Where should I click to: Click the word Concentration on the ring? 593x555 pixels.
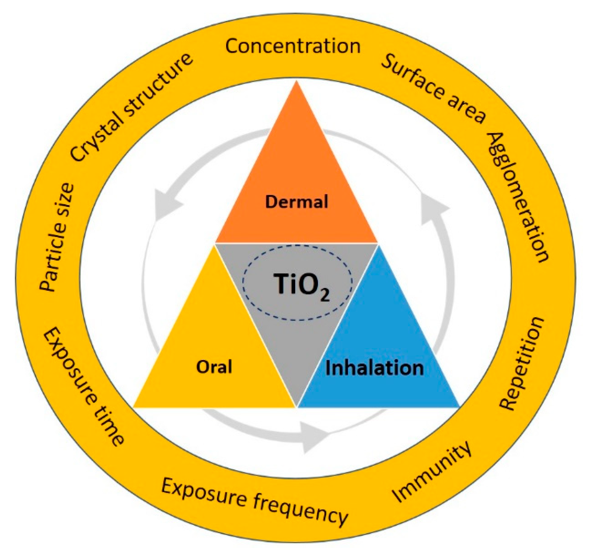point(293,46)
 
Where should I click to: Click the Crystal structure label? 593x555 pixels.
point(131,108)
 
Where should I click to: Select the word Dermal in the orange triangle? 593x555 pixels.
point(296,202)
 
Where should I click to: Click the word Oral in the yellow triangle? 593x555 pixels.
point(214,367)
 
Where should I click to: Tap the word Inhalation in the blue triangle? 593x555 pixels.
point(375,368)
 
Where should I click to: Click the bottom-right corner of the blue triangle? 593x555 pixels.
point(459,407)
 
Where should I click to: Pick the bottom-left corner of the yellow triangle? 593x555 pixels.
point(134,407)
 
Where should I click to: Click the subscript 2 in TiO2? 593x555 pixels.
point(324,296)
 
